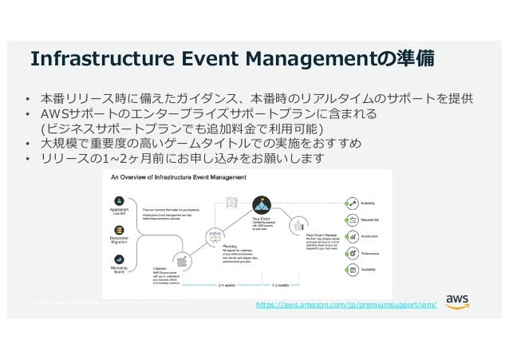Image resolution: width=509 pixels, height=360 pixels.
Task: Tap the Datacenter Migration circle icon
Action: click(x=119, y=231)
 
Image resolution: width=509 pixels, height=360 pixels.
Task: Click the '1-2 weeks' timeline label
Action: click(x=285, y=283)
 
